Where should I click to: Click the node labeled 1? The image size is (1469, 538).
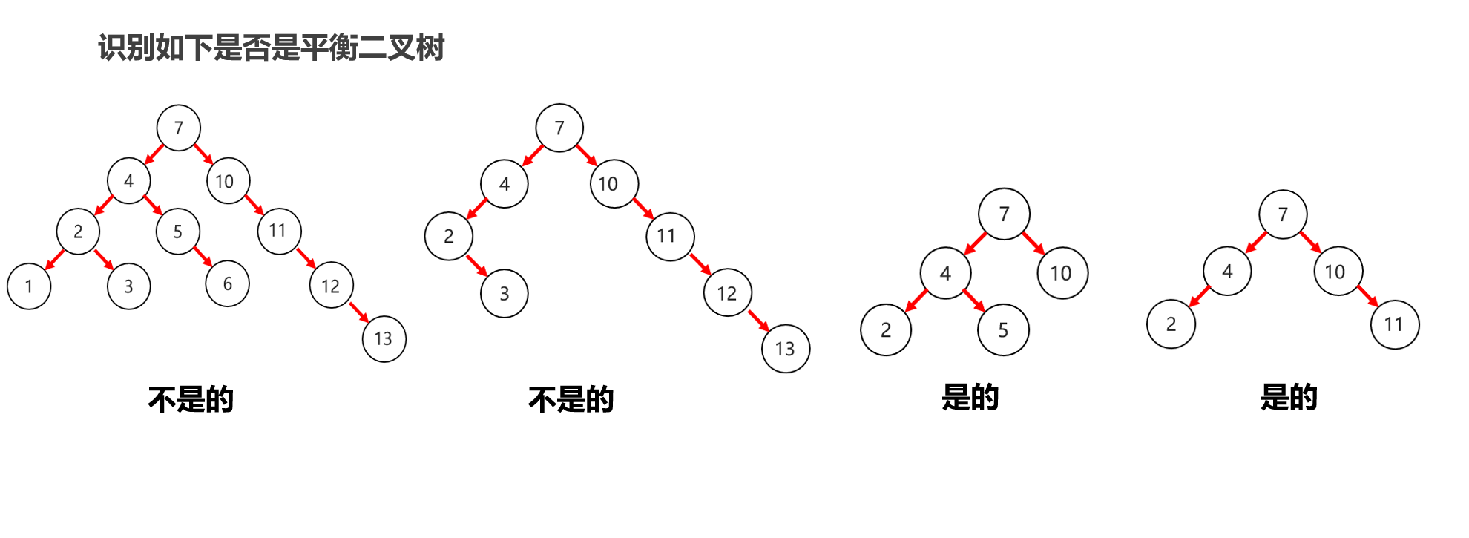click(29, 286)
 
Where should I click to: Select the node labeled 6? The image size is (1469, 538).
click(227, 283)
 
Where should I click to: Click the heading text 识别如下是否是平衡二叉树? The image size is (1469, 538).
click(271, 47)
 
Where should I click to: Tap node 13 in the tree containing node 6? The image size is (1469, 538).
click(384, 338)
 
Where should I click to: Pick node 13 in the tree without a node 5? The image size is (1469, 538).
click(786, 348)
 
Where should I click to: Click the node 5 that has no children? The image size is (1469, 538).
click(1003, 329)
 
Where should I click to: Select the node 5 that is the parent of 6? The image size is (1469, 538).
click(178, 232)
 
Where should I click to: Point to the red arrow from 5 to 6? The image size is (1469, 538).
click(203, 256)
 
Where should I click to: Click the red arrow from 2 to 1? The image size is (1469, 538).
click(55, 259)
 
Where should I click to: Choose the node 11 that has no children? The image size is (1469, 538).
click(1394, 324)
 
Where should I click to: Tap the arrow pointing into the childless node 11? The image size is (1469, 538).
click(1367, 295)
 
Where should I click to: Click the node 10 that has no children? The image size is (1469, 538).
click(1062, 273)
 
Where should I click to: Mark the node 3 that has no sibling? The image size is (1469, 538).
click(505, 293)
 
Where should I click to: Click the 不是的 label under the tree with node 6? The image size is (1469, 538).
click(191, 399)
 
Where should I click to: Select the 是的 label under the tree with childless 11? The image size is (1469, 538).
click(1289, 397)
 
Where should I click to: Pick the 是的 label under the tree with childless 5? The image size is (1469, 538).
click(970, 397)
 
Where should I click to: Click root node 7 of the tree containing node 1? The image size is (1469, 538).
click(178, 128)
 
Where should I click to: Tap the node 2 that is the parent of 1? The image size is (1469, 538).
click(78, 232)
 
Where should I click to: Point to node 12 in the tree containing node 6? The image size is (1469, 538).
click(331, 286)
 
